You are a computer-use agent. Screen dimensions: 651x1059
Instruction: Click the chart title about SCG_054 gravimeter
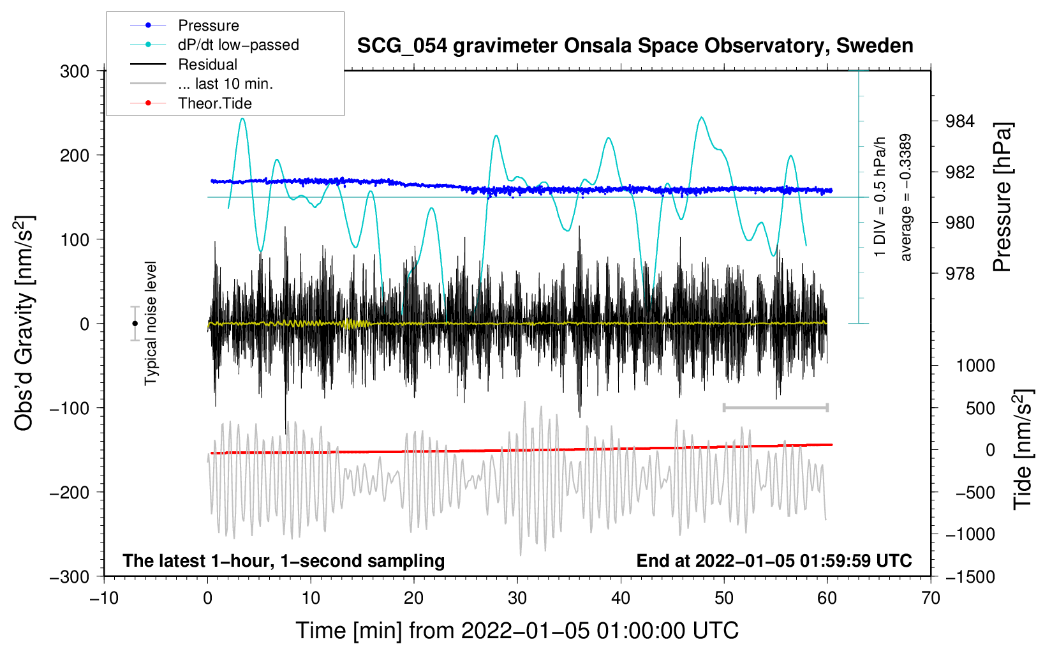tap(635, 46)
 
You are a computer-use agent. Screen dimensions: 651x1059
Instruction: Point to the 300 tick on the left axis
tap(75, 71)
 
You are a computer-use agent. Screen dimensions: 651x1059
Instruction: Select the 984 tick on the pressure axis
tap(959, 121)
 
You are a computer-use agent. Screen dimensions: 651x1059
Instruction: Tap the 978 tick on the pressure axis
tap(959, 274)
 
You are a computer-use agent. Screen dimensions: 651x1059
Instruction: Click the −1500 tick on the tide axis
tap(970, 576)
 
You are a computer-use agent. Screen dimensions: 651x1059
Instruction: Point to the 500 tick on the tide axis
tap(980, 408)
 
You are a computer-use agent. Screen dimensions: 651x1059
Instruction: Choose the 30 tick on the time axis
tap(517, 598)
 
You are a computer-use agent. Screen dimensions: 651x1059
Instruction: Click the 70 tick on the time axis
tap(931, 598)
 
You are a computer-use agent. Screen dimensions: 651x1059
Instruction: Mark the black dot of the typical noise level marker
tap(135, 324)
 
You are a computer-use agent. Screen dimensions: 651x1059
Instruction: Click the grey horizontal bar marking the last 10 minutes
tap(775, 407)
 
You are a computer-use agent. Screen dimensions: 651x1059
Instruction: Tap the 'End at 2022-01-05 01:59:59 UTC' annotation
tap(774, 560)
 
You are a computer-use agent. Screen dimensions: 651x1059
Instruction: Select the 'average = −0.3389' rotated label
tap(906, 198)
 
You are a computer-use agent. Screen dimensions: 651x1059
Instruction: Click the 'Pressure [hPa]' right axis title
tap(1002, 198)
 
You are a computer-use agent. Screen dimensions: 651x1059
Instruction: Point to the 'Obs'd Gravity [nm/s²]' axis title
tap(24, 324)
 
